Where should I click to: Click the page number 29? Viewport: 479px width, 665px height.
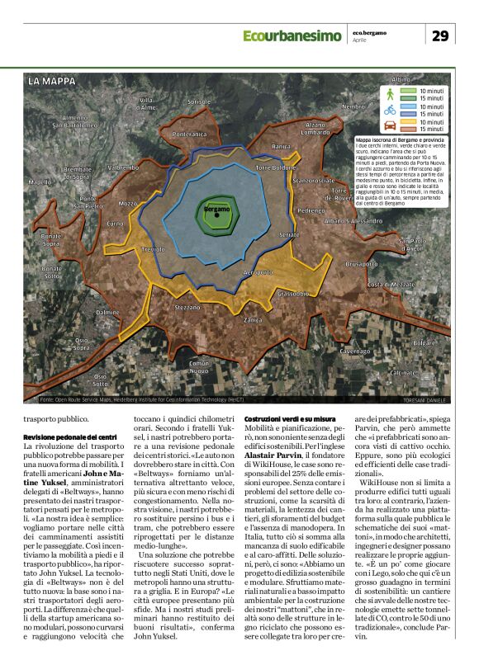[440, 35]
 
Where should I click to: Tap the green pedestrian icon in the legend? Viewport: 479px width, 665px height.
[389, 93]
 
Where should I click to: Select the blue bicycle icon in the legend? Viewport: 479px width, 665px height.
[389, 109]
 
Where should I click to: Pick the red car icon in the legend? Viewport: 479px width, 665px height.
[389, 125]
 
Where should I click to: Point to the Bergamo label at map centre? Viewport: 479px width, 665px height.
[216, 210]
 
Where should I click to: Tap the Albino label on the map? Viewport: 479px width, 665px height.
[401, 79]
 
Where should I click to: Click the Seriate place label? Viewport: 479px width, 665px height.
[289, 235]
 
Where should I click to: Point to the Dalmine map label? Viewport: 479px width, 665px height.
[107, 313]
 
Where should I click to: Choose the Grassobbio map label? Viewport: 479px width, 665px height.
[294, 293]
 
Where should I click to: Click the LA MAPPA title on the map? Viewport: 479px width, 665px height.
[52, 82]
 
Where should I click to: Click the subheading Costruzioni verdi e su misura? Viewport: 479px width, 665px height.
[289, 419]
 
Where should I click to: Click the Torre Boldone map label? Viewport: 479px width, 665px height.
[276, 167]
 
